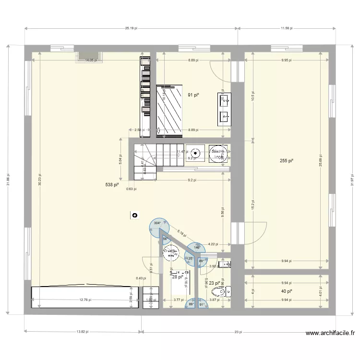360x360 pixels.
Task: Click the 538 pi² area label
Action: click(112, 184)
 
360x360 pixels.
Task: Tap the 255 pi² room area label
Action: click(287, 161)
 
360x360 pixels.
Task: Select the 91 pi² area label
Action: click(193, 95)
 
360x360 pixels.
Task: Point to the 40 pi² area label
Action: click(287, 291)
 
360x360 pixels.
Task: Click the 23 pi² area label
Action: click(214, 283)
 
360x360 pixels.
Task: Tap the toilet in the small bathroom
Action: click(227, 290)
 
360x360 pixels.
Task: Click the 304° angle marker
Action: click(157, 223)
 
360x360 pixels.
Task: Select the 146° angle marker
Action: click(197, 247)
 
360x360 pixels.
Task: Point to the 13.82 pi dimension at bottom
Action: click(83, 332)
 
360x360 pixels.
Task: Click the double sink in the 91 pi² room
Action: click(224, 108)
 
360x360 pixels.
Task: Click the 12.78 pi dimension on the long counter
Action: click(80, 300)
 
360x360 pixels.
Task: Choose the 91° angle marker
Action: click(201, 304)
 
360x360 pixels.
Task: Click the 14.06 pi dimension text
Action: click(91, 60)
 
